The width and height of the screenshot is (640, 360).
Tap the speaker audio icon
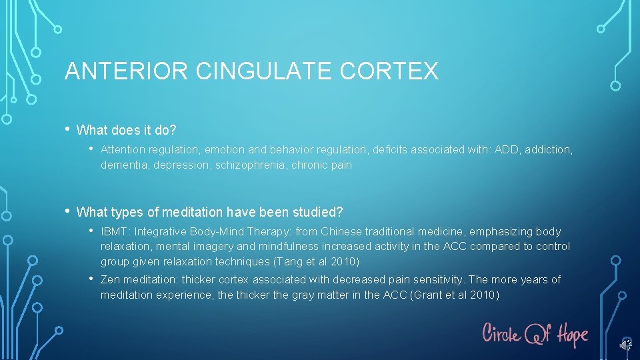(625, 344)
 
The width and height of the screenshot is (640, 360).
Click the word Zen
(111, 280)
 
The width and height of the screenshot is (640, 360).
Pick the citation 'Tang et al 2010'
(317, 261)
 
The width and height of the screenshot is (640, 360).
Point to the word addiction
(548, 150)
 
